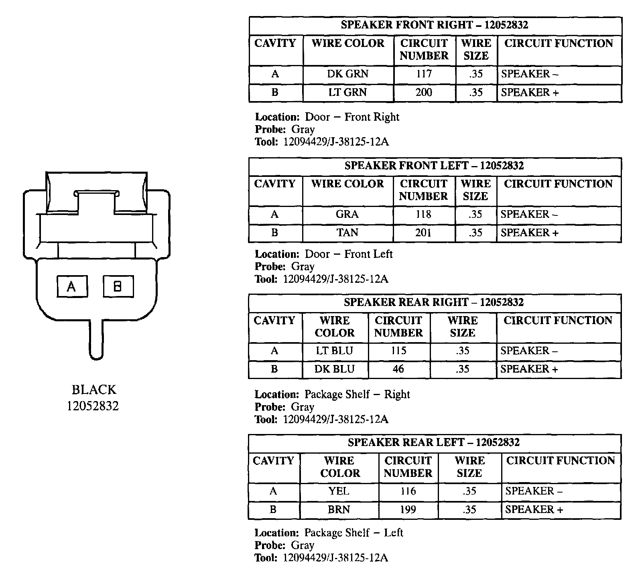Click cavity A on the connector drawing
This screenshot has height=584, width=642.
click(x=72, y=286)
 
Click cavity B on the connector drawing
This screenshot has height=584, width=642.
click(x=118, y=286)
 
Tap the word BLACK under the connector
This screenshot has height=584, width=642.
click(x=94, y=390)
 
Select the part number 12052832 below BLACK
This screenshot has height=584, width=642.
click(x=93, y=406)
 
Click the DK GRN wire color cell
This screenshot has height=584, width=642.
click(x=348, y=74)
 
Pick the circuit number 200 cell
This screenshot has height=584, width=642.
click(x=424, y=93)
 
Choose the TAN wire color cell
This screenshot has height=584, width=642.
click(x=347, y=233)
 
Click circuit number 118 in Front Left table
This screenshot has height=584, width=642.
click(x=423, y=215)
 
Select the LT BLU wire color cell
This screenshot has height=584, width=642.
click(x=334, y=351)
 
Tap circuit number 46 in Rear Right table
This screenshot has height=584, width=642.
click(x=398, y=369)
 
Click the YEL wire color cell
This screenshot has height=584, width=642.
click(x=339, y=491)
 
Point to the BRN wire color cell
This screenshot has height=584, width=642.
click(x=339, y=510)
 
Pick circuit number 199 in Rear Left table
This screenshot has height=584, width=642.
click(x=408, y=510)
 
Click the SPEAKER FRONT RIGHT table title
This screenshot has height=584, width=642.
click(x=435, y=25)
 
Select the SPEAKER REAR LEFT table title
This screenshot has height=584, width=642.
click(x=434, y=442)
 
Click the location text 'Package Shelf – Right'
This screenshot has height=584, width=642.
click(x=357, y=395)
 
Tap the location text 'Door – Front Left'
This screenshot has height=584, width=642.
click(x=349, y=254)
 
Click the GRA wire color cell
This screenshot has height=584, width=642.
click(x=347, y=215)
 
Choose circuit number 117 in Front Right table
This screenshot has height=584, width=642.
click(x=424, y=74)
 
